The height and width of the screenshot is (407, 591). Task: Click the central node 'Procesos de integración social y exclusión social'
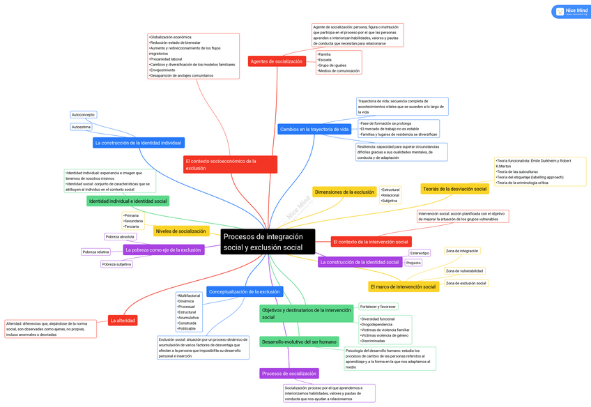click(x=268, y=242)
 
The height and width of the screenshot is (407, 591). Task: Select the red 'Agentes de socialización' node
click(x=277, y=61)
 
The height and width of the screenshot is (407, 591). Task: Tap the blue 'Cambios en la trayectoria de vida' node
click(x=314, y=129)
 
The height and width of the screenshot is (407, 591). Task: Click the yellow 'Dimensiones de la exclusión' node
click(x=344, y=192)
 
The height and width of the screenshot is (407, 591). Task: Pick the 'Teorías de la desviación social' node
click(x=454, y=189)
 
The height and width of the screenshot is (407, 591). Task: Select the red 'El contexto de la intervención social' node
click(x=371, y=242)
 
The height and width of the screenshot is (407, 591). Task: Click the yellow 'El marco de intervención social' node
click(x=404, y=286)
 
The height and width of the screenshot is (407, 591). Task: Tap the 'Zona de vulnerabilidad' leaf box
click(x=464, y=270)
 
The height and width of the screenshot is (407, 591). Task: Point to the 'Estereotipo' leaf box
click(x=420, y=253)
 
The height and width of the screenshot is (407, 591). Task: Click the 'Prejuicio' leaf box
click(x=413, y=263)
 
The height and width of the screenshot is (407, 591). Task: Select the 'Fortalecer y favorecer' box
click(x=378, y=307)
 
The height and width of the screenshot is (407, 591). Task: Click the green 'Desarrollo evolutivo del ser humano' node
click(x=299, y=341)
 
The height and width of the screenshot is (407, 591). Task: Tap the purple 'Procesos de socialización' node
click(x=289, y=374)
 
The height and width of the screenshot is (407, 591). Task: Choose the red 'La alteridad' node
click(x=123, y=321)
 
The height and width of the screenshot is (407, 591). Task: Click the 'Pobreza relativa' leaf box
click(x=95, y=252)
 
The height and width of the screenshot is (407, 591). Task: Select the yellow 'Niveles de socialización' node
click(x=181, y=231)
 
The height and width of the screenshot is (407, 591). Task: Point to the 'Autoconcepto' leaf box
click(x=83, y=114)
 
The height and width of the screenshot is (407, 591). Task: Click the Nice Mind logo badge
click(x=570, y=12)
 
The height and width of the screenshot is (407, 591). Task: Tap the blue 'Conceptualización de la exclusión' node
click(x=244, y=291)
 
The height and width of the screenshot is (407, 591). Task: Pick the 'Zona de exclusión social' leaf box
click(x=466, y=283)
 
